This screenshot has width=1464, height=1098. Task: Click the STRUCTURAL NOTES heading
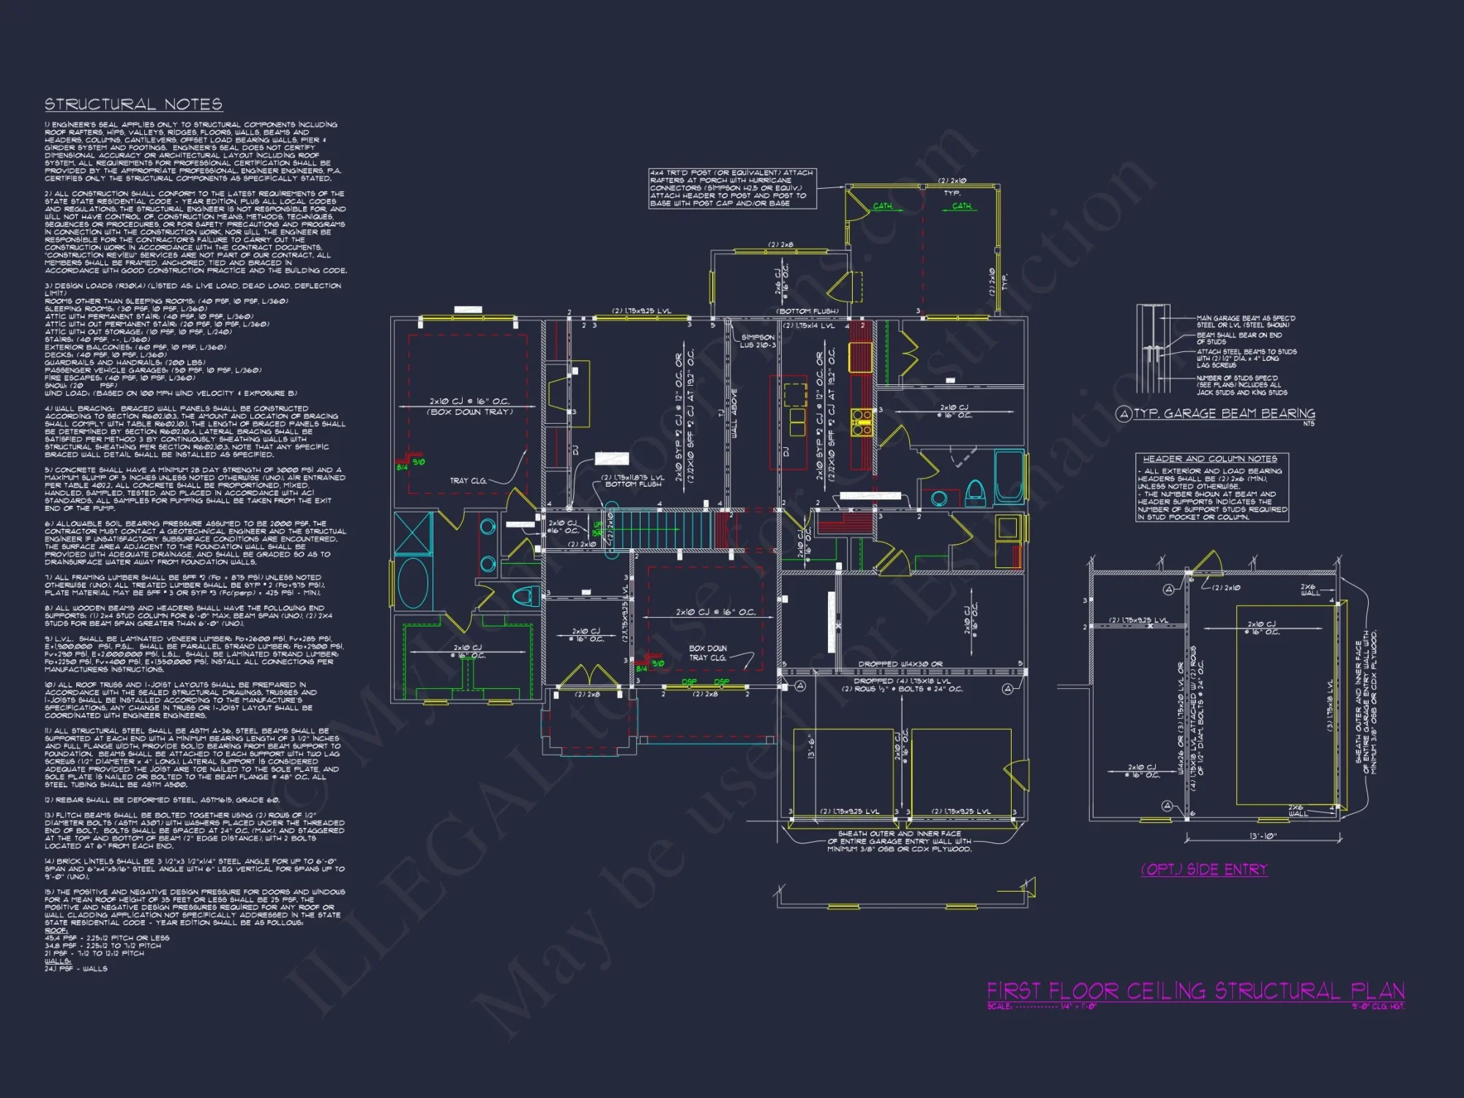(133, 105)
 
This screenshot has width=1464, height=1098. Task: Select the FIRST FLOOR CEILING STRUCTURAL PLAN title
(1195, 992)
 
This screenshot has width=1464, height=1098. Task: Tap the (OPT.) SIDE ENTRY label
(1204, 870)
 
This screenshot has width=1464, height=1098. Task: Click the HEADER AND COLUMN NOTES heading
(1210, 459)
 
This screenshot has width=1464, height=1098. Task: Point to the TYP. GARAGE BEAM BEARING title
(1224, 414)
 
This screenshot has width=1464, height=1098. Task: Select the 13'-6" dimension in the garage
(811, 747)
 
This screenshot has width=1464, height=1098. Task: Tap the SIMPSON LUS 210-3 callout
(757, 341)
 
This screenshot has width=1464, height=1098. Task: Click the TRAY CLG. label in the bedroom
(468, 481)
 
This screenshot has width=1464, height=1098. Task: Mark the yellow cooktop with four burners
(862, 422)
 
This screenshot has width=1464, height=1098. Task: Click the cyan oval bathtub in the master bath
(414, 582)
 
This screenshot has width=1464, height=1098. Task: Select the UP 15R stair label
(597, 529)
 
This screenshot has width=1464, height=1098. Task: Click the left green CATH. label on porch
(883, 206)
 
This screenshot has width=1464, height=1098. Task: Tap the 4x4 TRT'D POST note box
(732, 188)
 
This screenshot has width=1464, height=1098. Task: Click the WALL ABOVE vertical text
(734, 414)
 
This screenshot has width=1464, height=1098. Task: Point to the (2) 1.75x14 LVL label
(809, 326)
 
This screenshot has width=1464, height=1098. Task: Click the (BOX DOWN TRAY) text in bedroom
(469, 412)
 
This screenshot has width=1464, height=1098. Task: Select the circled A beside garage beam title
(1123, 414)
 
